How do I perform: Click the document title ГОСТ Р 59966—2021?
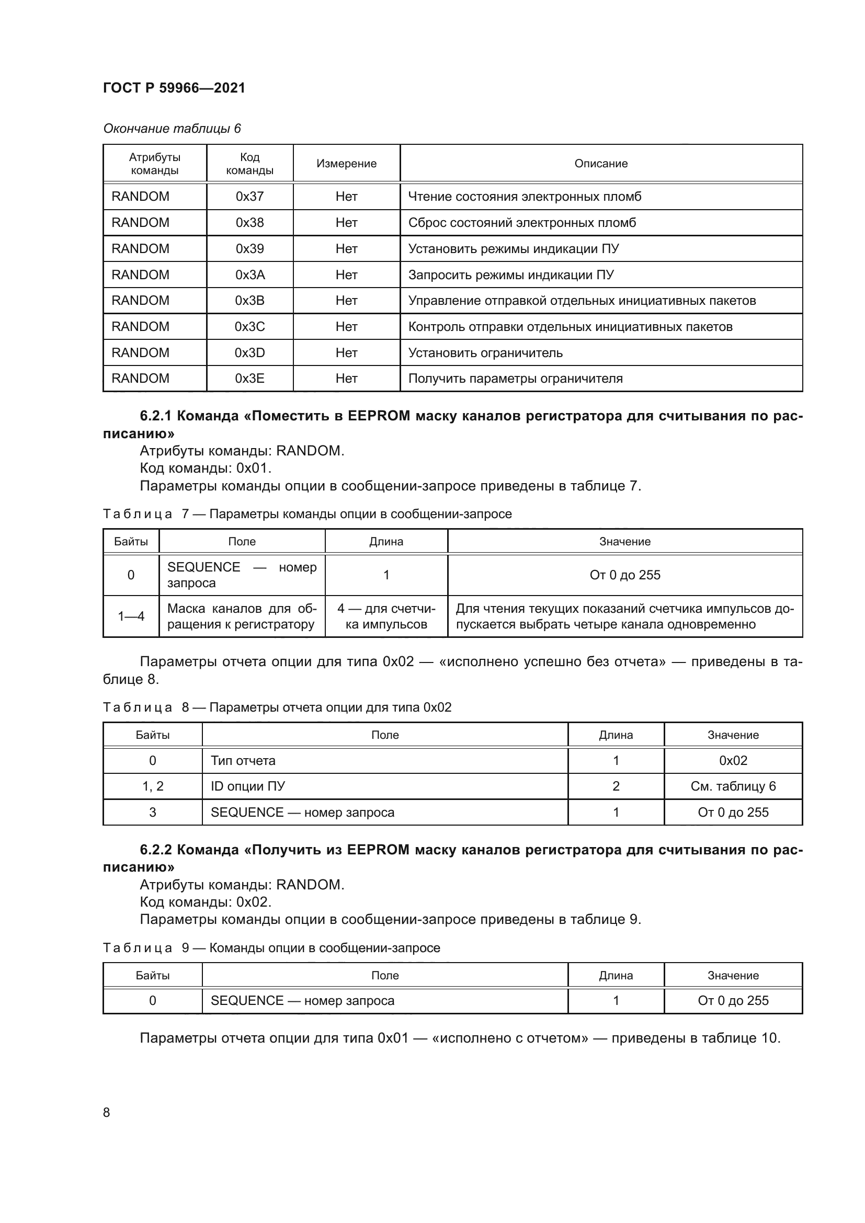point(174,88)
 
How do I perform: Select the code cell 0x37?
point(249,197)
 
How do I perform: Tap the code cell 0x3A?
point(249,275)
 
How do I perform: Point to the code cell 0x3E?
point(249,379)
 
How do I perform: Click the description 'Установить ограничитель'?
point(485,353)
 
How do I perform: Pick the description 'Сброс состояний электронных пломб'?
point(521,223)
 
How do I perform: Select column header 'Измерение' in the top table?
point(346,164)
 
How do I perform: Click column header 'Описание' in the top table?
point(600,164)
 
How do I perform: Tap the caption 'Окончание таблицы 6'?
point(172,129)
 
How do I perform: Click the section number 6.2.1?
point(155,416)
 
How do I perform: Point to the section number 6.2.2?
point(155,850)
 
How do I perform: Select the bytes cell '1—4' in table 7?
point(131,617)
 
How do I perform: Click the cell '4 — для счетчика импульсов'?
point(385,617)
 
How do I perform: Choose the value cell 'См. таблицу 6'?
point(732,786)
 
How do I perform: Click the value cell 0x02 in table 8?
point(732,761)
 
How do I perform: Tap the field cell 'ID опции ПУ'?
point(247,786)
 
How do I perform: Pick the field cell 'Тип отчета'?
point(242,761)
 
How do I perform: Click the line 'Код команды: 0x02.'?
point(205,902)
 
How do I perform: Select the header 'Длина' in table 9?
point(615,975)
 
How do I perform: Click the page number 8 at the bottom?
point(107,1113)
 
